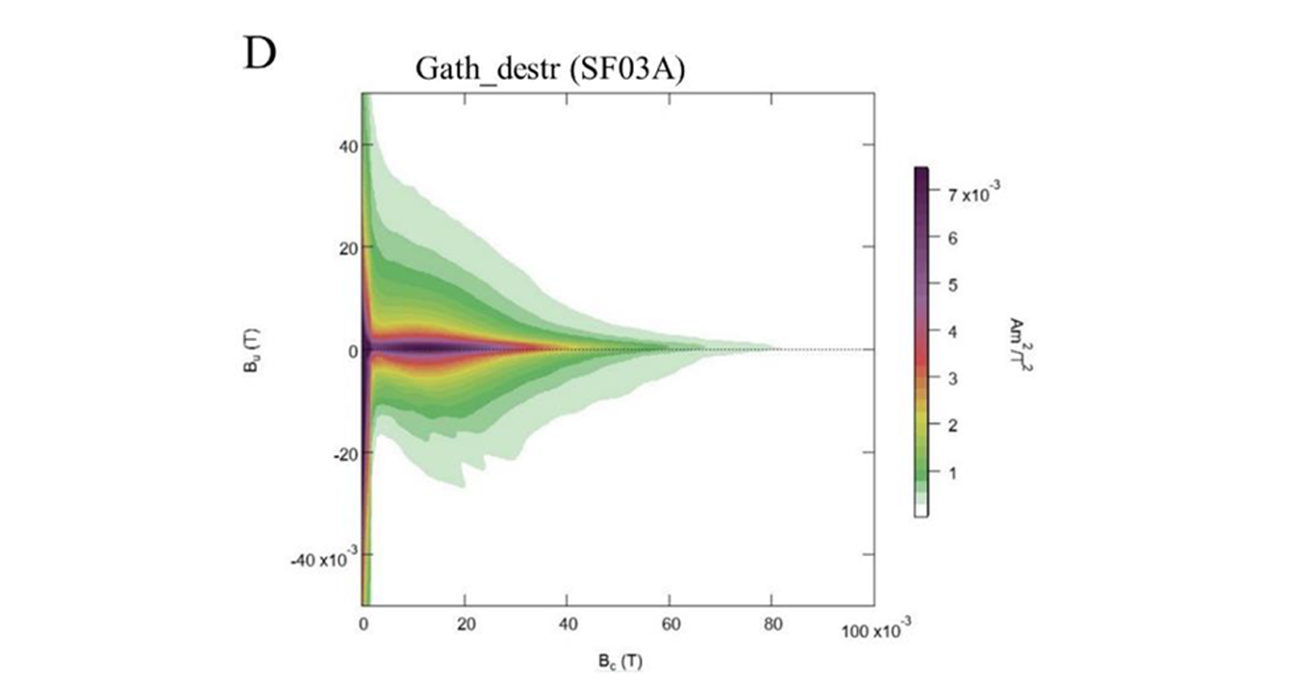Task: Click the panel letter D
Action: pyautogui.click(x=259, y=54)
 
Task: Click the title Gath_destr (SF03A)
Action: pyautogui.click(x=549, y=70)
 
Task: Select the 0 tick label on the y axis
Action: pyautogui.click(x=353, y=350)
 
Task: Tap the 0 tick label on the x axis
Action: pyautogui.click(x=363, y=625)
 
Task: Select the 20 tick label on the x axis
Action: pyautogui.click(x=466, y=625)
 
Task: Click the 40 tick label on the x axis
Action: pyautogui.click(x=569, y=625)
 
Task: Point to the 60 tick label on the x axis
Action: pyautogui.click(x=670, y=625)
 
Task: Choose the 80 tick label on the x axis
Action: pyautogui.click(x=773, y=625)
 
